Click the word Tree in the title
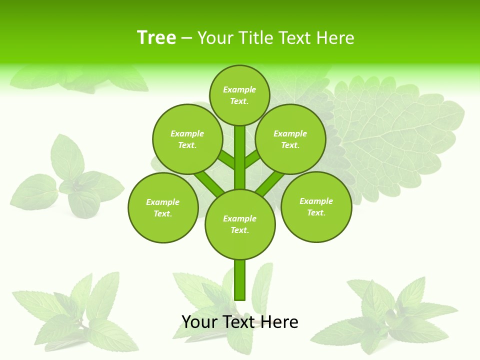156,38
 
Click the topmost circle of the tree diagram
239,95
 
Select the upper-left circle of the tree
187,139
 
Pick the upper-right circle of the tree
290,139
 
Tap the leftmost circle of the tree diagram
163,207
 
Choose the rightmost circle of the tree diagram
316,206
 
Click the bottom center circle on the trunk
240,224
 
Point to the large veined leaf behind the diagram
395,130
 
